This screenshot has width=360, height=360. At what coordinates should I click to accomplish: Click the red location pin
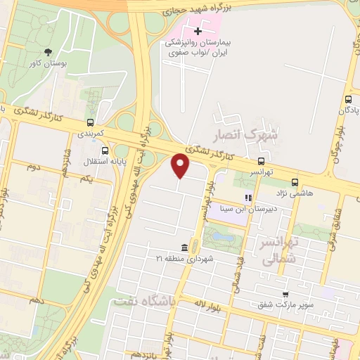(x=181, y=165)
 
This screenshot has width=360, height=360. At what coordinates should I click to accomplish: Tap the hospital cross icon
(x=198, y=30)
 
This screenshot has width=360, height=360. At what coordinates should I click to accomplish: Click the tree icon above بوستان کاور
(x=48, y=52)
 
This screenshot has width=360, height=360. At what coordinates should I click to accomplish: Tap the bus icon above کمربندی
(x=89, y=120)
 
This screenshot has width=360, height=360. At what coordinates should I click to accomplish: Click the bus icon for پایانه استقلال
(x=105, y=150)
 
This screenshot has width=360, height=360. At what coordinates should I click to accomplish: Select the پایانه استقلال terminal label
(x=105, y=162)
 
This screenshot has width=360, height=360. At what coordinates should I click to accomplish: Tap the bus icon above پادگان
(x=349, y=100)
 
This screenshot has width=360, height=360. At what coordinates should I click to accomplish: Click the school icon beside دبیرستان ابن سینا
(x=247, y=198)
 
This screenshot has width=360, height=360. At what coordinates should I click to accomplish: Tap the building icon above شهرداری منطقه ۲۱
(x=184, y=247)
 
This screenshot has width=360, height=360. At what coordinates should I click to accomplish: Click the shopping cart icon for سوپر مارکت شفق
(x=285, y=294)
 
